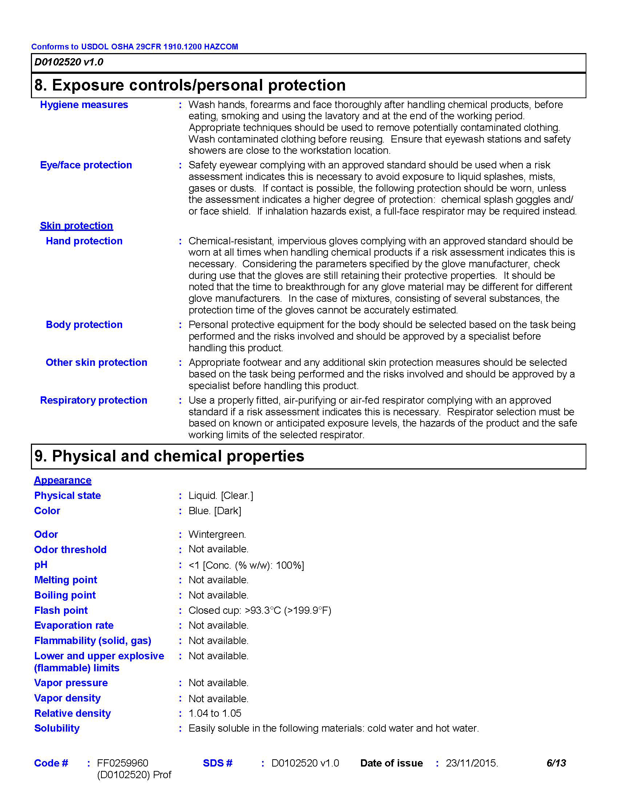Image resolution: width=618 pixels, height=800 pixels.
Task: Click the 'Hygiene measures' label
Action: (84, 105)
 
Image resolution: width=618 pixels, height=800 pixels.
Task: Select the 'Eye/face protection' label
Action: (86, 165)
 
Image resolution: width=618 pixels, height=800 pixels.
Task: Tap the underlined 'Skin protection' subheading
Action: (76, 226)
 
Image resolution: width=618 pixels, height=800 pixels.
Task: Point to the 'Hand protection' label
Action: (84, 241)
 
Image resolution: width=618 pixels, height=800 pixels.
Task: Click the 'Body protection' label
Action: (84, 325)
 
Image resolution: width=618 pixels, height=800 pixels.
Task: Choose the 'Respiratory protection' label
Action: (93, 400)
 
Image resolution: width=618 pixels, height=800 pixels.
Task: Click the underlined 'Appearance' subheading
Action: (63, 480)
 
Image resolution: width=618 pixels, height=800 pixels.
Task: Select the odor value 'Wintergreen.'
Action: (217, 535)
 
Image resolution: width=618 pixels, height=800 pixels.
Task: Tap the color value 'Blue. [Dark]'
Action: (214, 511)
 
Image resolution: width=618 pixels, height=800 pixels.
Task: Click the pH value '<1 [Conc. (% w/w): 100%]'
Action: (246, 565)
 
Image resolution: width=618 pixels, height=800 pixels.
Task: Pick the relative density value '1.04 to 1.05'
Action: (215, 713)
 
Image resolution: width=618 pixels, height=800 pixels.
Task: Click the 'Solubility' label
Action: (57, 728)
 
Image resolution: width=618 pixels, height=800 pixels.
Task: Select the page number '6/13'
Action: (556, 763)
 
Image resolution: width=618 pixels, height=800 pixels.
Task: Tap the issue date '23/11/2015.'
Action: (471, 763)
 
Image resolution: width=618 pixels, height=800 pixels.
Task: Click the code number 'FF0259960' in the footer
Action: (122, 763)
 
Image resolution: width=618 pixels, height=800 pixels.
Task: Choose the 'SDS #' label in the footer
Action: (217, 763)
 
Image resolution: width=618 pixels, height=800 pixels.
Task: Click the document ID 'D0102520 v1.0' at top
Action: (68, 62)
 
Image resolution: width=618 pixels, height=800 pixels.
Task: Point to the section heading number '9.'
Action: (41, 456)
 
